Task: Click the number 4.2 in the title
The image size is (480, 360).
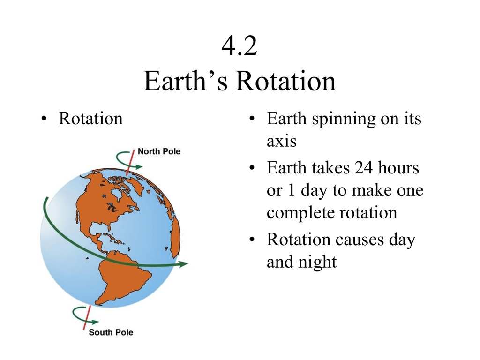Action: (x=240, y=47)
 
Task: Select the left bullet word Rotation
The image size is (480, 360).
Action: (x=90, y=119)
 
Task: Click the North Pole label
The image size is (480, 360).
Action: (x=159, y=151)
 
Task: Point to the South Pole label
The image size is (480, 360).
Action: (x=111, y=332)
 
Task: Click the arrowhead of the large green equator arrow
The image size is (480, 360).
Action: (x=183, y=264)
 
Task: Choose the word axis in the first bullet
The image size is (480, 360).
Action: (x=281, y=141)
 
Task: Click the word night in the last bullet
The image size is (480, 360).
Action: (x=319, y=262)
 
